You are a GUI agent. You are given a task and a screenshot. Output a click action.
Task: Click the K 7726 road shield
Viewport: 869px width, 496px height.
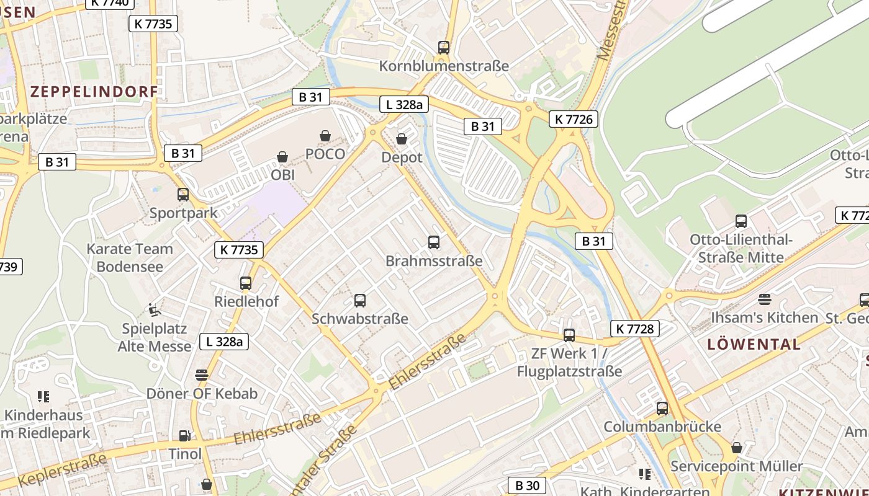pyautogui.click(x=573, y=119)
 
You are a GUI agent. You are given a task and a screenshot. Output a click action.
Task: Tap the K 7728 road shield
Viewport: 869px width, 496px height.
pyautogui.click(x=634, y=329)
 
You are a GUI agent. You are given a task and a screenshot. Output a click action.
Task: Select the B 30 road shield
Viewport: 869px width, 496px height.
pyautogui.click(x=527, y=485)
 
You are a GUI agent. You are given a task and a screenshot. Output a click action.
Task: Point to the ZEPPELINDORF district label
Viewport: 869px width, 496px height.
pyautogui.click(x=94, y=92)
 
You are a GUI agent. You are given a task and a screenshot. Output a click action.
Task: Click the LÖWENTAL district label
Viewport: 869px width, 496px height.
pyautogui.click(x=754, y=345)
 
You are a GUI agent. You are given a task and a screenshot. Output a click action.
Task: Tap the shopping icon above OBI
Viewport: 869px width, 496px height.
pyautogui.click(x=282, y=157)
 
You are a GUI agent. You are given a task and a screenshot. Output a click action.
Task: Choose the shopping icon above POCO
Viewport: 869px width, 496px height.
pyautogui.click(x=325, y=136)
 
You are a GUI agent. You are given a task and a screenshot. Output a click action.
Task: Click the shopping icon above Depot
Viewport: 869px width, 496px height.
pyautogui.click(x=402, y=139)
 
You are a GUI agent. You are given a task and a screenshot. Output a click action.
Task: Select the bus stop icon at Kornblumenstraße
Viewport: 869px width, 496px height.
pyautogui.click(x=443, y=47)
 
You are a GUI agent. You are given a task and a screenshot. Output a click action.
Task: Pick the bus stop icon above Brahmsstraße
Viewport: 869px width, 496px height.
pyautogui.click(x=434, y=242)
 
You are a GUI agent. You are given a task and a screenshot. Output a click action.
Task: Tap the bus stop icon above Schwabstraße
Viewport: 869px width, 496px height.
pyautogui.click(x=359, y=301)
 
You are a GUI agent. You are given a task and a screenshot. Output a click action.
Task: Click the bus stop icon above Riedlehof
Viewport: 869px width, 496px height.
pyautogui.click(x=246, y=283)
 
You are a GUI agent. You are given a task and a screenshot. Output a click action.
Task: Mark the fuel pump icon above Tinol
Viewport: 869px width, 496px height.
pyautogui.click(x=184, y=436)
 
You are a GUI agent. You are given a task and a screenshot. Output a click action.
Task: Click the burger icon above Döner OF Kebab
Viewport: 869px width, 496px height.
pyautogui.click(x=202, y=374)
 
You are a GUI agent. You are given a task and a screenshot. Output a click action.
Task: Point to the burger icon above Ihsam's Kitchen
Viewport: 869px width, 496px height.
pyautogui.click(x=764, y=299)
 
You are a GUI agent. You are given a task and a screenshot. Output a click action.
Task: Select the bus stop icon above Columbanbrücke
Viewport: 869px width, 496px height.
pyautogui.click(x=662, y=408)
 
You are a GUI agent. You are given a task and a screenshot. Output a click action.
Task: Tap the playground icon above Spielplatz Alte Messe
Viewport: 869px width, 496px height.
pyautogui.click(x=154, y=309)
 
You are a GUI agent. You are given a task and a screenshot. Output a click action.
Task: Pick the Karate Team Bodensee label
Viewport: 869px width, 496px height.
pyautogui.click(x=130, y=258)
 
